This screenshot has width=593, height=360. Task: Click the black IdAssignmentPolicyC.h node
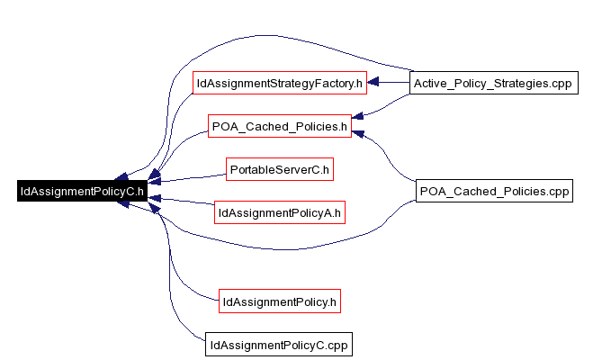click(x=82, y=191)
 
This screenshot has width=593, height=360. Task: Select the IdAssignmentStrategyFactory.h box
click(x=280, y=83)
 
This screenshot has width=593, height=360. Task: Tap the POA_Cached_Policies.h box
click(x=280, y=126)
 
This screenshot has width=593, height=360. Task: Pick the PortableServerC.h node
click(x=280, y=169)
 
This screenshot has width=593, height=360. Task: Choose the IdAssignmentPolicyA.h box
click(x=280, y=212)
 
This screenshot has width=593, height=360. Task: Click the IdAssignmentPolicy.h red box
click(x=280, y=301)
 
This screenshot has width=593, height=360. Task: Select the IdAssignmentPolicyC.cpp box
click(x=279, y=345)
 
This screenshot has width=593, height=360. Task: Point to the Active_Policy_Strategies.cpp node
click(x=494, y=83)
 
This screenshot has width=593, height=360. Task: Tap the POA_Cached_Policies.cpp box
click(x=494, y=191)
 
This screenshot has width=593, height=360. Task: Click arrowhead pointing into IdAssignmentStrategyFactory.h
click(x=373, y=82)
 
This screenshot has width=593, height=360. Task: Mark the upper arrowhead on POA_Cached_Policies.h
click(x=357, y=116)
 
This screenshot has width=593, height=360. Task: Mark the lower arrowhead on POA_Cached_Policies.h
click(x=358, y=134)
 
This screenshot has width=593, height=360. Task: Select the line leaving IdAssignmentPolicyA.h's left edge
click(x=181, y=201)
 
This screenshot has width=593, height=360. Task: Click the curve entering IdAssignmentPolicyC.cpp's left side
click(x=170, y=287)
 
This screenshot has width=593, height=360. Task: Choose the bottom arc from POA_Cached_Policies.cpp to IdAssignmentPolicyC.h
click(x=280, y=249)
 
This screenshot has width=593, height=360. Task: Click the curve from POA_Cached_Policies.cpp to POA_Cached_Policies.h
click(x=386, y=155)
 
